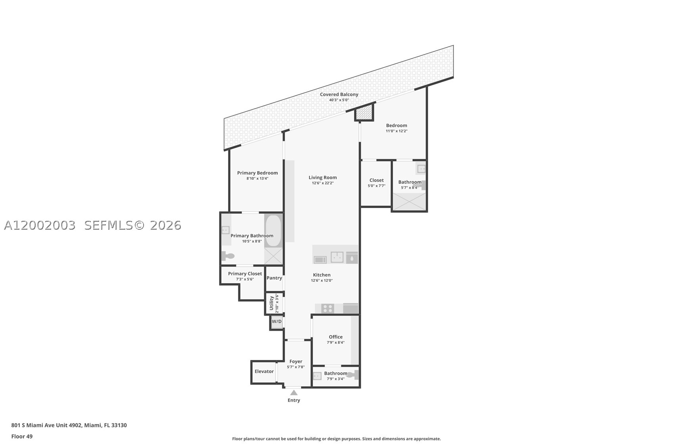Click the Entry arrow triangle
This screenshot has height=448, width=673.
click(294, 393)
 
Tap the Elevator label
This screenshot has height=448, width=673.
click(264, 371)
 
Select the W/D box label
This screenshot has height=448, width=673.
click(277, 321)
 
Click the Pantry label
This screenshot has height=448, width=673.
click(274, 278)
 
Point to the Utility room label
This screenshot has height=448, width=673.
click(271, 303)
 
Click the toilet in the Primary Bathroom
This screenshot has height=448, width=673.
click(228, 256)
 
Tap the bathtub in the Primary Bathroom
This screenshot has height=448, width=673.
click(273, 231)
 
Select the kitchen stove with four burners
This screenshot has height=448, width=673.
click(328, 309)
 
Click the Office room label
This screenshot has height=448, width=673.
click(336, 337)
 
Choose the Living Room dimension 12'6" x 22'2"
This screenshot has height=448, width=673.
click(323, 183)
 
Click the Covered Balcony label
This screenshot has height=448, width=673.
click(339, 94)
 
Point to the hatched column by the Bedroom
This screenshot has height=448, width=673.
click(364, 112)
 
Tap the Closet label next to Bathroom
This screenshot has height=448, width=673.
click(376, 180)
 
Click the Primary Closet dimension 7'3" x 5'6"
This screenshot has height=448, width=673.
click(245, 279)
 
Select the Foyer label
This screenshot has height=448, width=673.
click(296, 361)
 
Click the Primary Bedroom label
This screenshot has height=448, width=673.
click(257, 173)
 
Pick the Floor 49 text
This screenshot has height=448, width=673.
click(22, 436)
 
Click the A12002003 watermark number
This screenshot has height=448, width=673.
click(40, 225)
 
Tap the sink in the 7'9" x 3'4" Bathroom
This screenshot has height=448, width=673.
click(317, 376)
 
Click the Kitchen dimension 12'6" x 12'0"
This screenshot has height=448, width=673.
click(322, 280)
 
